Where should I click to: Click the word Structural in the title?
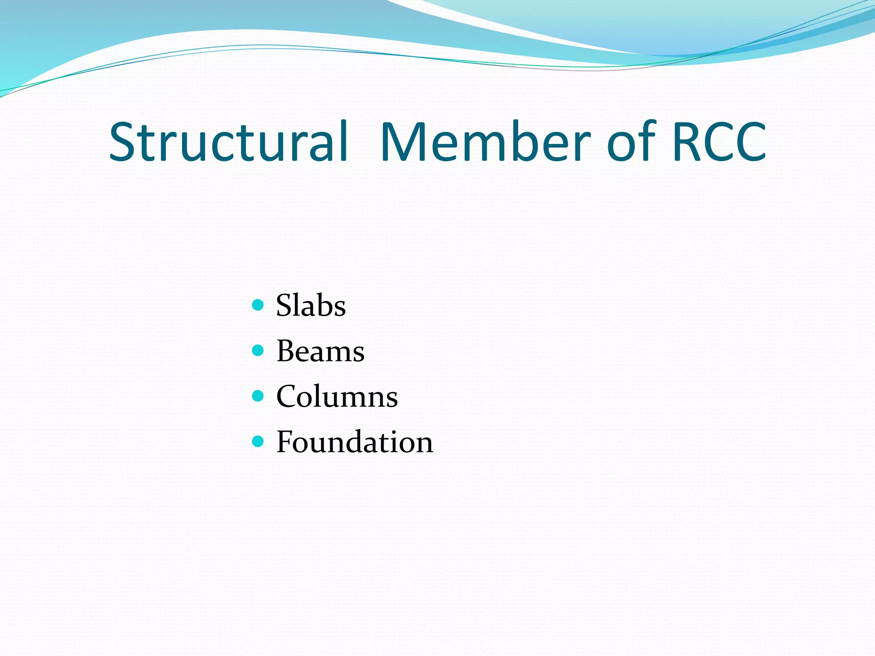pos(229,142)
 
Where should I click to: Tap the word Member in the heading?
pos(485,142)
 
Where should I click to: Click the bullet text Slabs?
pos(311,306)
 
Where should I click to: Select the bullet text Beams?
pos(320,351)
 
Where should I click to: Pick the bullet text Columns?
pos(337,397)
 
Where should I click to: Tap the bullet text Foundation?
pos(355,442)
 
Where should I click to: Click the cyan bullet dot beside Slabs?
pos(258,305)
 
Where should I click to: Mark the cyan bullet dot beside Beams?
pos(258,351)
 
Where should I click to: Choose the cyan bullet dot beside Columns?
pos(258,396)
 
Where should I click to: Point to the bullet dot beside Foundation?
pos(258,441)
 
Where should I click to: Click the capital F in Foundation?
pos(286,442)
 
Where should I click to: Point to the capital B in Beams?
pos(287,351)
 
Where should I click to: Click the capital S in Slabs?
pos(285,306)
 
